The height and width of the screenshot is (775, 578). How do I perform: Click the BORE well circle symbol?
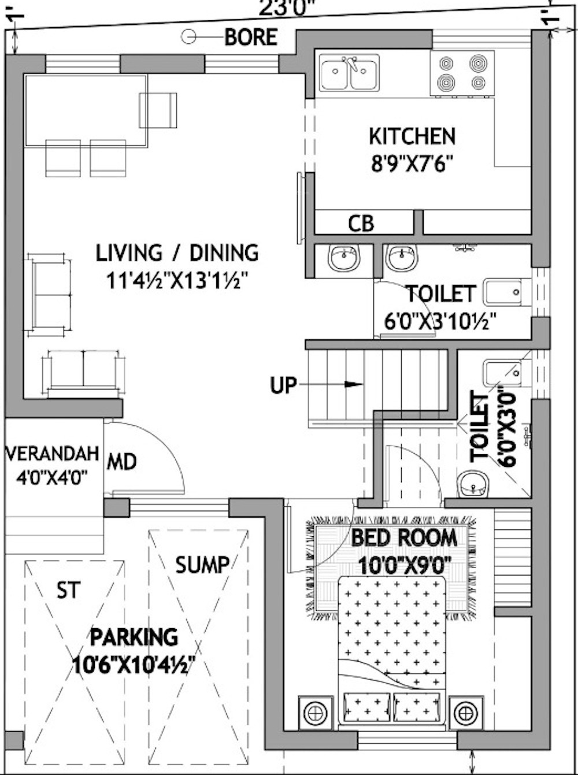pyautogui.click(x=188, y=37)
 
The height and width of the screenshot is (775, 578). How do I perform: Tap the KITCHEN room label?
pyautogui.click(x=412, y=136)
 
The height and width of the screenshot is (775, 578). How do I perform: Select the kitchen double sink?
pyautogui.click(x=349, y=73)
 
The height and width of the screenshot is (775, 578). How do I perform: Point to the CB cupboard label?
pyautogui.click(x=361, y=224)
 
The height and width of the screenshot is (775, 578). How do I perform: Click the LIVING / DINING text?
pyautogui.click(x=177, y=253)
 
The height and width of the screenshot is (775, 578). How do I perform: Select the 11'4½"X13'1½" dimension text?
pyautogui.click(x=177, y=282)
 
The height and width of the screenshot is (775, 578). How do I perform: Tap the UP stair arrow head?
pyautogui.click(x=354, y=384)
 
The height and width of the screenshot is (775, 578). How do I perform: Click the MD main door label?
pyautogui.click(x=122, y=462)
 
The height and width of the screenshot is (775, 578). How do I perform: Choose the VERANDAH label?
pyautogui.click(x=53, y=454)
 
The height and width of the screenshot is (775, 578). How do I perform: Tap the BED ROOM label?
pyautogui.click(x=404, y=537)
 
